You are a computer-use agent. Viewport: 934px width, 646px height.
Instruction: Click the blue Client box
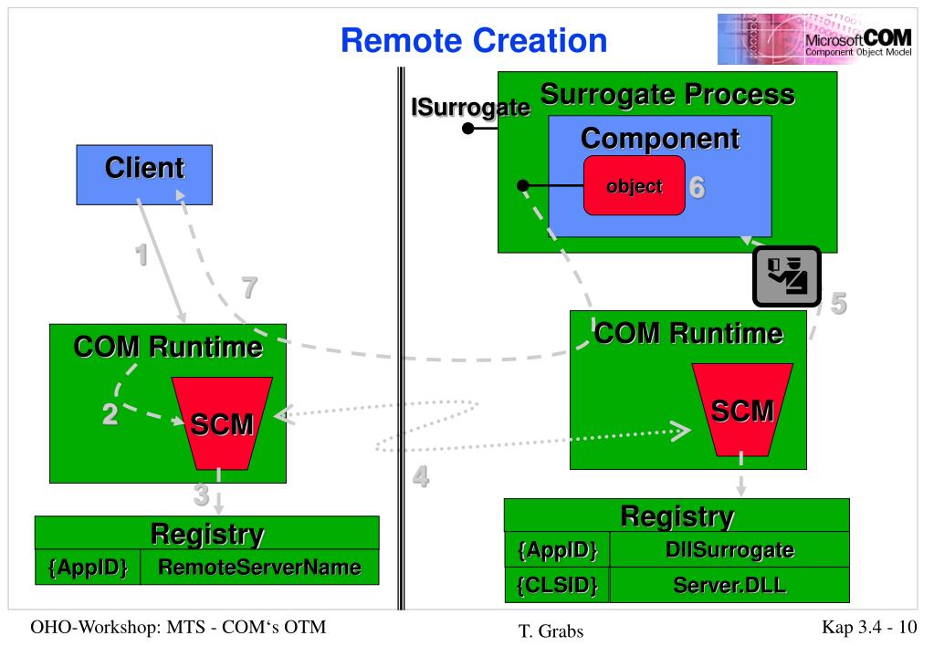[144, 174]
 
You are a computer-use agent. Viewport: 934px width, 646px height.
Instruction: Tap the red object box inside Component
[635, 185]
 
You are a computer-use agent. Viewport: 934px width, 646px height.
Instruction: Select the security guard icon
[787, 276]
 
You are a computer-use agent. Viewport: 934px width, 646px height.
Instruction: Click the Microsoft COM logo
[815, 39]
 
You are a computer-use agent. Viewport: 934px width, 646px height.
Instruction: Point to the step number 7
[249, 287]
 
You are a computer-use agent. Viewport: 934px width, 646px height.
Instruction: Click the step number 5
[838, 304]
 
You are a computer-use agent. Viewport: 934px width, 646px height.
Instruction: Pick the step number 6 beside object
[697, 187]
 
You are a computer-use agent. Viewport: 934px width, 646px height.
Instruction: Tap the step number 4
[421, 476]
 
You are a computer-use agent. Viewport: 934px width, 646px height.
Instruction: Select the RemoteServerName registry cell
[259, 567]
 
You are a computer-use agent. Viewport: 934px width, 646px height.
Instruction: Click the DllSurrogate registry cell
[729, 549]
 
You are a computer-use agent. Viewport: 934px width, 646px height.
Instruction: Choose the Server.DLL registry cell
[729, 585]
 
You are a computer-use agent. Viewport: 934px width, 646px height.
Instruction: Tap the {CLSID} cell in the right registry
[557, 585]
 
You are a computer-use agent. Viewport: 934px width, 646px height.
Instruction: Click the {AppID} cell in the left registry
[88, 567]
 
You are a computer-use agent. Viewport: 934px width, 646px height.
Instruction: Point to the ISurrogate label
[470, 108]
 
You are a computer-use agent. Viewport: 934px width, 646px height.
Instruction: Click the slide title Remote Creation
[474, 40]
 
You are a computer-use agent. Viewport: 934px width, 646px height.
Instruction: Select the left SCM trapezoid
[222, 423]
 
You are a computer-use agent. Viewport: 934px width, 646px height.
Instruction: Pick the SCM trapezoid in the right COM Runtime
[742, 411]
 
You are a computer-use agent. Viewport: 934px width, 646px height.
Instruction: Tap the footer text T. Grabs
[551, 630]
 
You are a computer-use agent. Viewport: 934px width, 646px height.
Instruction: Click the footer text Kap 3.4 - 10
[869, 627]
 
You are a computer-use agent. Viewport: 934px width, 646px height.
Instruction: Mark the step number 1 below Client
[142, 255]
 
